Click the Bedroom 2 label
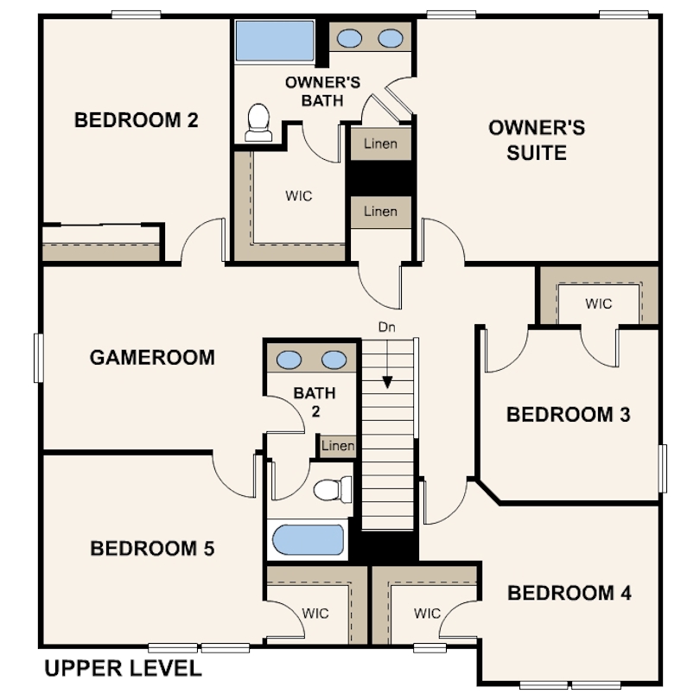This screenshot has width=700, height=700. point(137,120)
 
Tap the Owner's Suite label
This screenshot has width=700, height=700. point(537,140)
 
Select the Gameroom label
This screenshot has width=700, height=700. point(152,358)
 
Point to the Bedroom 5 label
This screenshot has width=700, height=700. point(152,549)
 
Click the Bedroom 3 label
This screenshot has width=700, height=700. point(569,415)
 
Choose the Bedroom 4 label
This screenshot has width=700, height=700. point(570,594)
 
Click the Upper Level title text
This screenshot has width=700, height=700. point(124,668)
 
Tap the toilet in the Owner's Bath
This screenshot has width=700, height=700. point(258,123)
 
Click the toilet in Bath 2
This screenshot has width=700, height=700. point(333,489)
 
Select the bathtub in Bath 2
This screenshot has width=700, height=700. point(308,540)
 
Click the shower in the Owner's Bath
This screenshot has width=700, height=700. point(275,41)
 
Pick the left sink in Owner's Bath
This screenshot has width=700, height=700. point(349,38)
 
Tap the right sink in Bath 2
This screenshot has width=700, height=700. point(334,360)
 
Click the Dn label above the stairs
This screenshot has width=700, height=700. point(386,328)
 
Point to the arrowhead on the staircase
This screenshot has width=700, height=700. point(387,382)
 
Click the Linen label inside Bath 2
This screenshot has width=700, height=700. point(338,446)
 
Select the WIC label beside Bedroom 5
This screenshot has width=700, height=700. point(315,614)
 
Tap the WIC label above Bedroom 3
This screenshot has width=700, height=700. point(599,304)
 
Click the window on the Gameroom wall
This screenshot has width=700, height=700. point(39,358)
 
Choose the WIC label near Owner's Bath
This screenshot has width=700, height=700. point(299,196)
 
